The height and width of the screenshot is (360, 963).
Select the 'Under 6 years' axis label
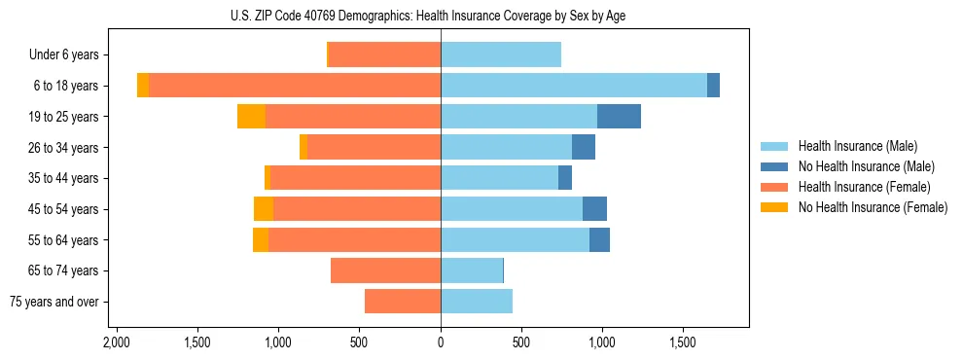(70, 55)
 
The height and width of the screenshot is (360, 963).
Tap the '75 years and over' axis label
(54, 302)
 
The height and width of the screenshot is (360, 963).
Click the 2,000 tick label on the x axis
(117, 342)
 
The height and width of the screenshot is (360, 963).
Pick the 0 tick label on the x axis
(441, 342)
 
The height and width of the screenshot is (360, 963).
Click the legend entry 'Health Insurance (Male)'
(857, 146)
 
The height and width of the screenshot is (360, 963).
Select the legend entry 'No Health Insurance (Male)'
(865, 166)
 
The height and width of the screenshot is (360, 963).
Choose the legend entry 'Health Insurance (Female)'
(864, 187)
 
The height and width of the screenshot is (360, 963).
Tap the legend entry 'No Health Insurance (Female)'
(872, 207)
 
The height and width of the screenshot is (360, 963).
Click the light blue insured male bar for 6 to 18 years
(574, 86)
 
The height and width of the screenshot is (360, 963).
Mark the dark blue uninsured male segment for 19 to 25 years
(619, 117)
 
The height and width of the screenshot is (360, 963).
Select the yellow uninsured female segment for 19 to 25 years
(251, 117)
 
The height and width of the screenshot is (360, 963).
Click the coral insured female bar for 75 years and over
(403, 302)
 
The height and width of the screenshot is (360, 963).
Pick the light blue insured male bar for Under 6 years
(501, 55)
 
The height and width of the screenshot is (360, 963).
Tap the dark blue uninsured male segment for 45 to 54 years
(594, 209)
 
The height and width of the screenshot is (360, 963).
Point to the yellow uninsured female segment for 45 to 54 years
(264, 209)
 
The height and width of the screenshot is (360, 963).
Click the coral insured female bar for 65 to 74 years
(386, 270)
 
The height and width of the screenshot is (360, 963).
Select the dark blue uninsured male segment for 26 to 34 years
(584, 147)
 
